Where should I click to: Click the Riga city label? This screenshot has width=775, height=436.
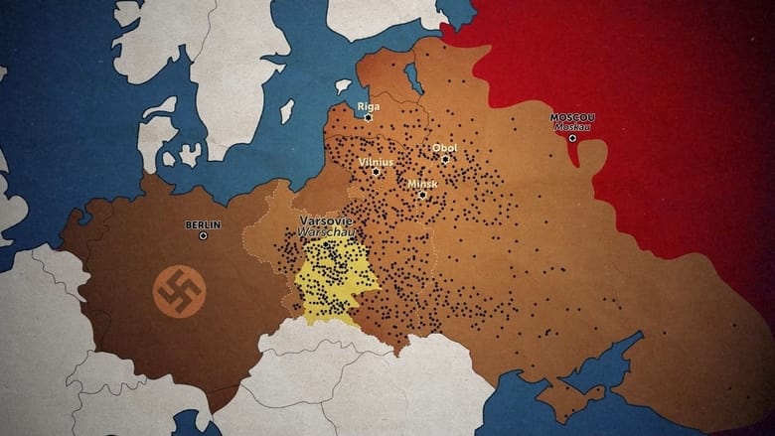[368, 105]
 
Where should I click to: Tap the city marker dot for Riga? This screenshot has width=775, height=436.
[368, 117]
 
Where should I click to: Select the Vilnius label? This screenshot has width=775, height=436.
[376, 161]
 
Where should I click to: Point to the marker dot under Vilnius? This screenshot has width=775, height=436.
[376, 172]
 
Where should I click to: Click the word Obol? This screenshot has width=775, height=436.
[444, 148]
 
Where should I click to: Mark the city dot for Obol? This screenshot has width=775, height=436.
[445, 159]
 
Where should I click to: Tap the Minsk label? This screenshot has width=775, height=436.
[422, 184]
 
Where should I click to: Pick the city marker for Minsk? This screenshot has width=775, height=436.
[422, 195]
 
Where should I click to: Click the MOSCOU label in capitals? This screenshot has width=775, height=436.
[572, 117]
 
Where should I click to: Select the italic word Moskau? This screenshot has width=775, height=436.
[572, 127]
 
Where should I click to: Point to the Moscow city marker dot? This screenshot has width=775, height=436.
[572, 138]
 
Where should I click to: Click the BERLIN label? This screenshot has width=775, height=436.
[203, 224]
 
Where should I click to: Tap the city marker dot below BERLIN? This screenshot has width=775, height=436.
[203, 236]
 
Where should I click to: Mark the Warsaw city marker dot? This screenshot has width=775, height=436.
[326, 244]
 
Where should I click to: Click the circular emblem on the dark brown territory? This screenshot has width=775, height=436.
[179, 290]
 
